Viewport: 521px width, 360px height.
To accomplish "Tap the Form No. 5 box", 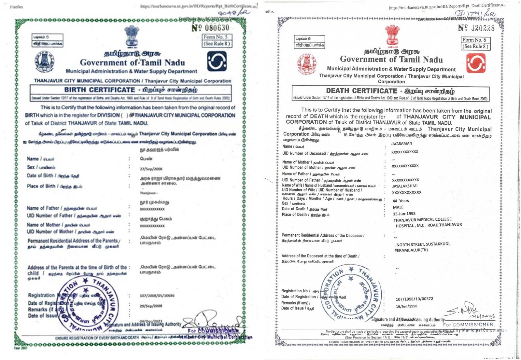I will click(x=217, y=40).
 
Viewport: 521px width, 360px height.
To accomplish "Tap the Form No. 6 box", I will click(x=475, y=43).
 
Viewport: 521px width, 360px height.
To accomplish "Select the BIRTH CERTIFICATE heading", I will click(x=100, y=90).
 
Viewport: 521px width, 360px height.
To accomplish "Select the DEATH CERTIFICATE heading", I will click(x=361, y=91).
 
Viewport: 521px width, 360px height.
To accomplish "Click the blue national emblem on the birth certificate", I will click(x=132, y=36).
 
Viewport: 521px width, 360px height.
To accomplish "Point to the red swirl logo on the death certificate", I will click(x=476, y=63).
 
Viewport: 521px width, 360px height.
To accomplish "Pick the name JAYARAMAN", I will click(x=401, y=144).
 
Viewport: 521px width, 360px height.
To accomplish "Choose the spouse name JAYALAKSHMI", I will click(x=405, y=186).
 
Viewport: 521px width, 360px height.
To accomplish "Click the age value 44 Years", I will click(x=401, y=201).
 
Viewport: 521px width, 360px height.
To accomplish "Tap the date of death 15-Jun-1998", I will click(x=404, y=214).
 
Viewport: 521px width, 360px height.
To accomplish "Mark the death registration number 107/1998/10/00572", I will click(x=414, y=299).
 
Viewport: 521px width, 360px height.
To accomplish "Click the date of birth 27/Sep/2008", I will click(x=151, y=169).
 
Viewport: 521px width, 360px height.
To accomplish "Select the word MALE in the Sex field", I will click(x=398, y=207).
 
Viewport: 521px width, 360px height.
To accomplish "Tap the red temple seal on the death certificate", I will click(x=306, y=63).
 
